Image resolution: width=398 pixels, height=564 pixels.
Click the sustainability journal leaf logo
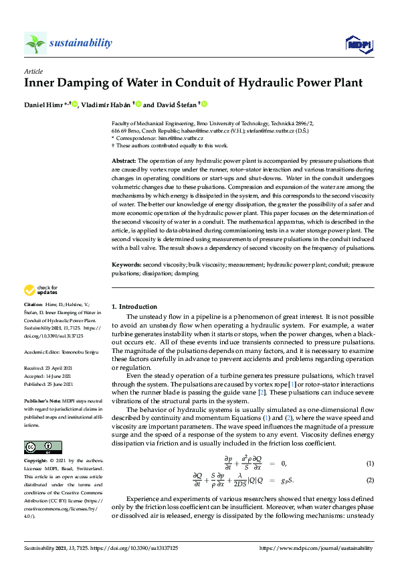click(x=35, y=44)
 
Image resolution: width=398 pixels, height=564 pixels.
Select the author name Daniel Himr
click(x=43, y=104)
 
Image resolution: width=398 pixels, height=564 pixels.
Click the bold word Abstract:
click(x=123, y=161)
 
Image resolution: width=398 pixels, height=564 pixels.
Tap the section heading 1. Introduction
click(x=134, y=306)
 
